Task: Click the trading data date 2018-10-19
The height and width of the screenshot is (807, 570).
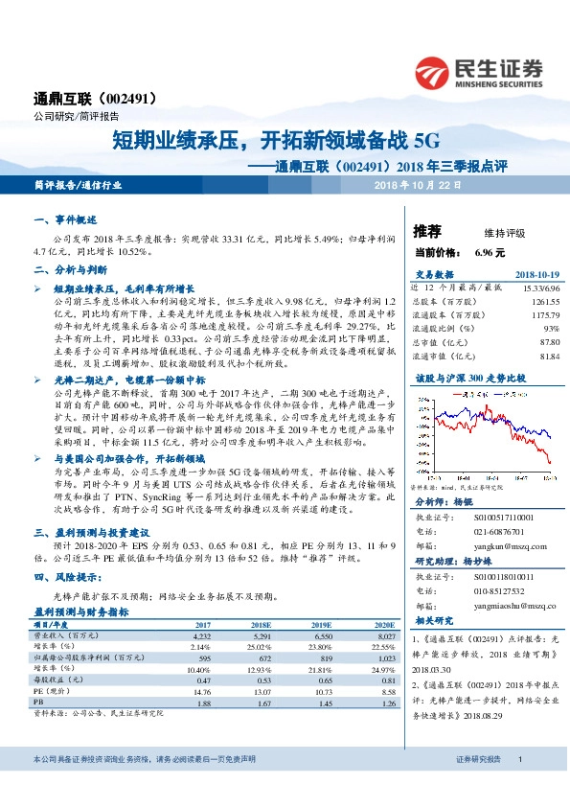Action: click(x=534, y=274)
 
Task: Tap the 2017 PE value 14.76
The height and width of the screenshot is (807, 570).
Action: click(x=201, y=690)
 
